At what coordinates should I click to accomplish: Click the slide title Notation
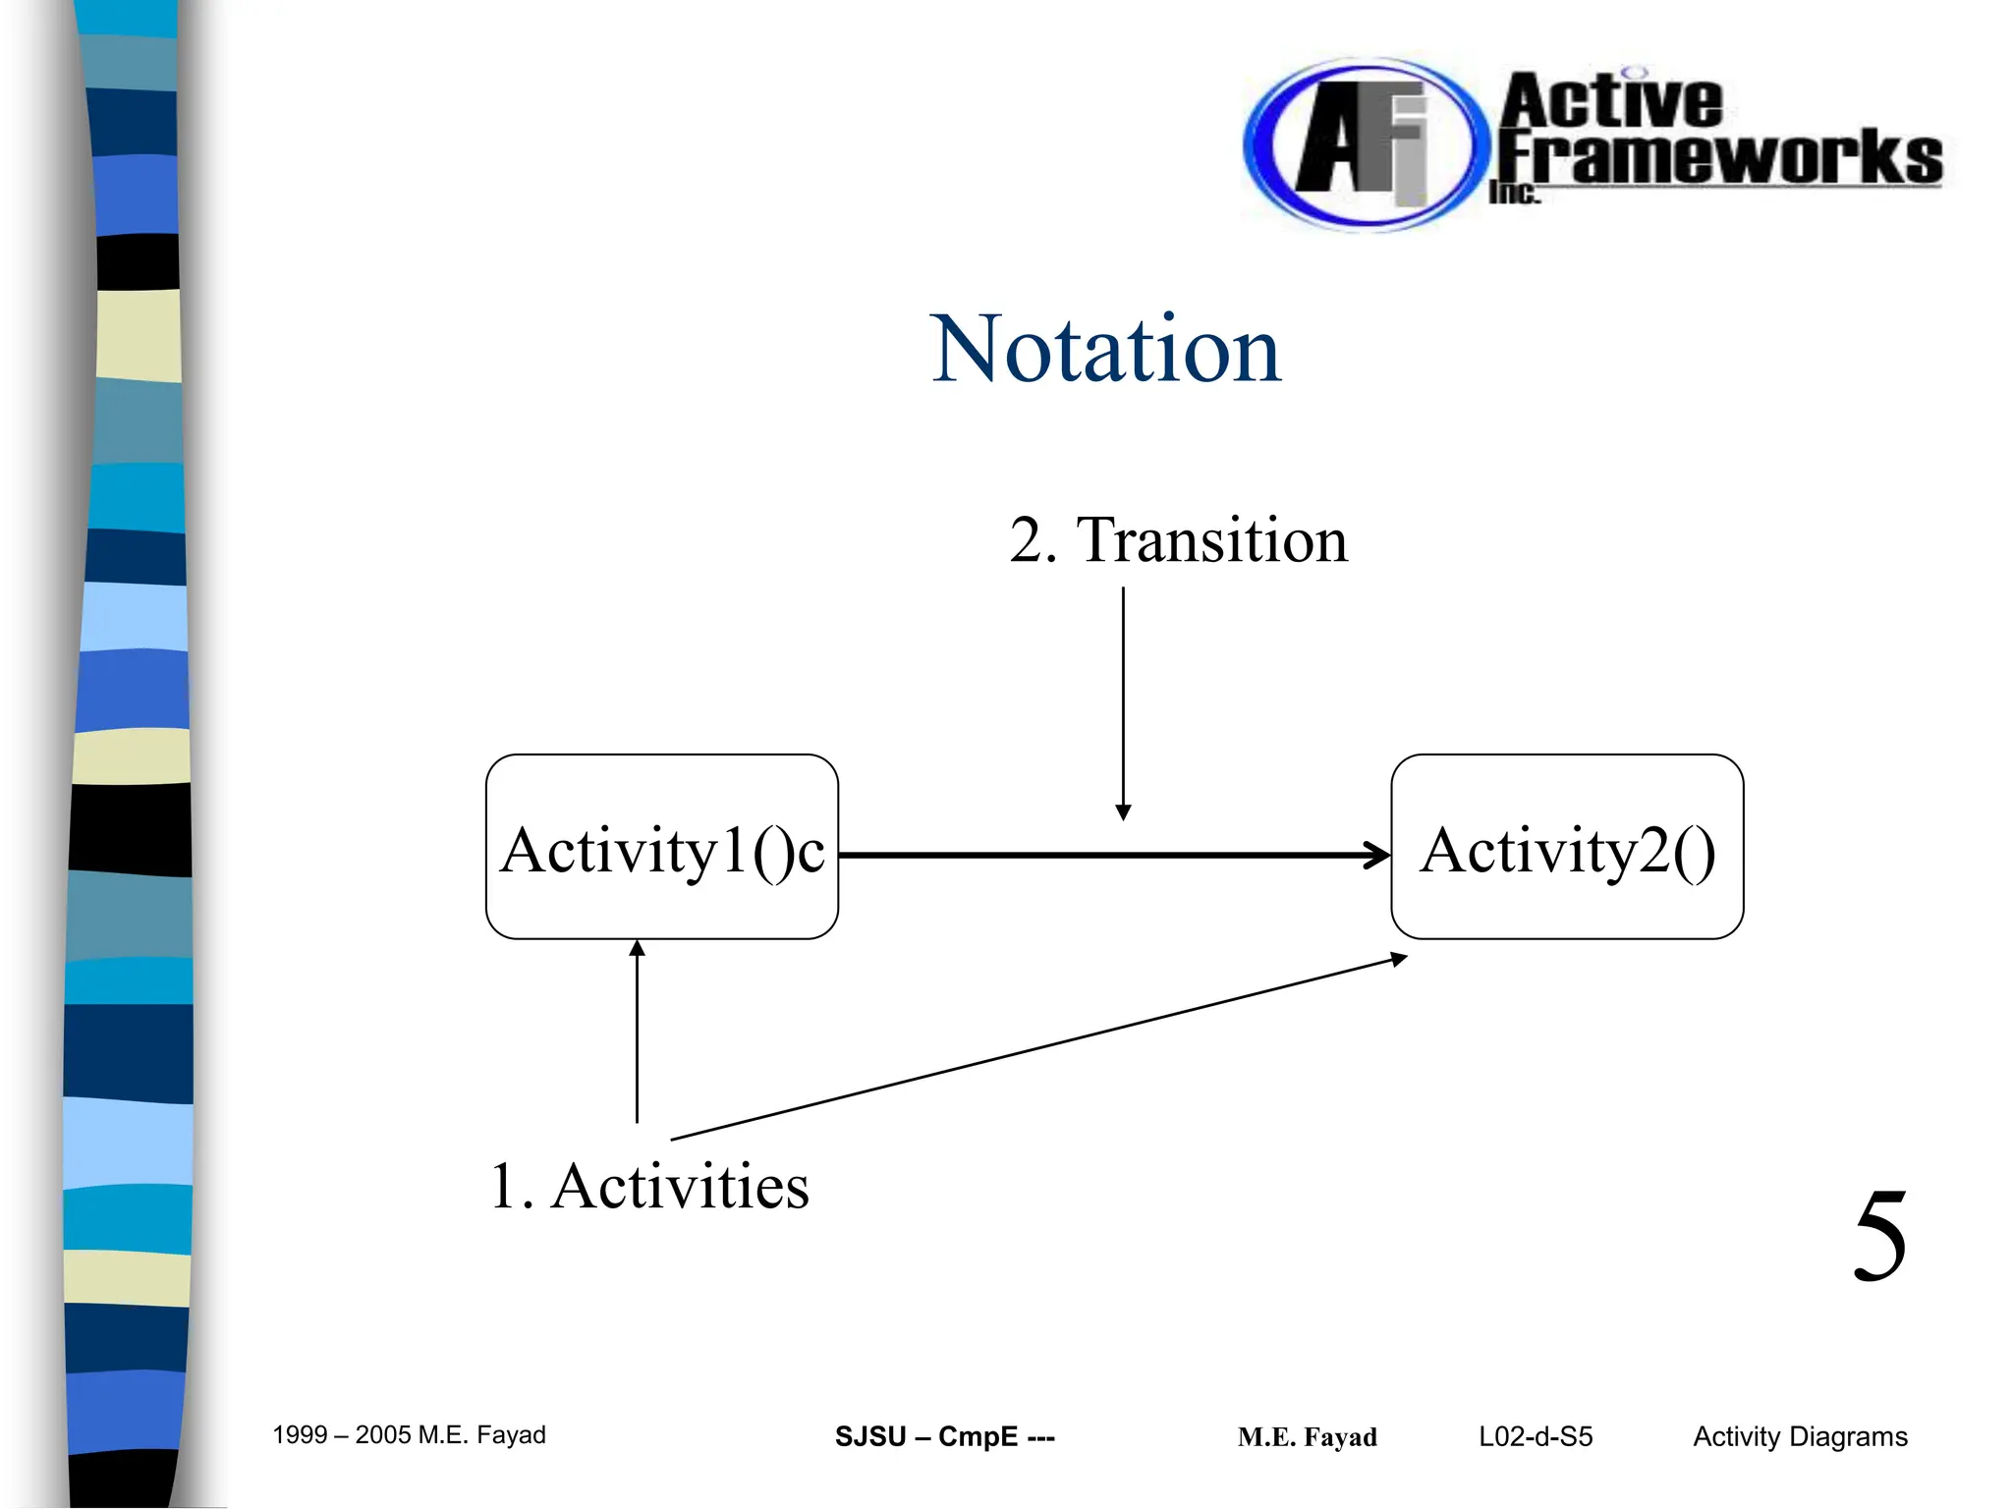1106,350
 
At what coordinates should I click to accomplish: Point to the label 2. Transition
1178,540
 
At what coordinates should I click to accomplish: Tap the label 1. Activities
649,1187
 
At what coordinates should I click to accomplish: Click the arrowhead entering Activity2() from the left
1378,856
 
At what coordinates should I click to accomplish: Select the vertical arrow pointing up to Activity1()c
637,1032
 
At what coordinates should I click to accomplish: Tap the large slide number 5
1879,1238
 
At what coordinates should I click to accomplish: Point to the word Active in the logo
1611,101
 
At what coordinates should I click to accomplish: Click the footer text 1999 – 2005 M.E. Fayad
409,1435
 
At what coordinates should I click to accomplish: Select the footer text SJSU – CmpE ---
944,1437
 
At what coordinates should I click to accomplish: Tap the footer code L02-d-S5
1536,1437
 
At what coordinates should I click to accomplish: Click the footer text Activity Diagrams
1800,1437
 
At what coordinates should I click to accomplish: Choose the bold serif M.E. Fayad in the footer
1307,1438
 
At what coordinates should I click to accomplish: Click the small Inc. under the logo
1513,194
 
